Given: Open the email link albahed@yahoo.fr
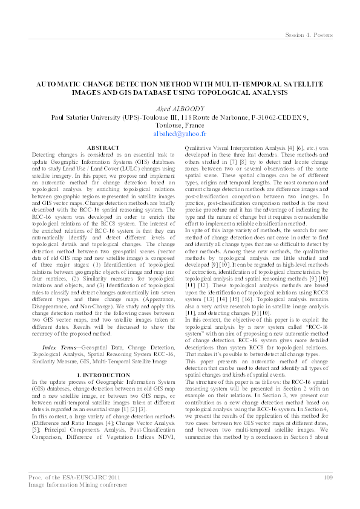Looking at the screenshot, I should [180, 134].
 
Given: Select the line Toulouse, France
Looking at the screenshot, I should [180, 125].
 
